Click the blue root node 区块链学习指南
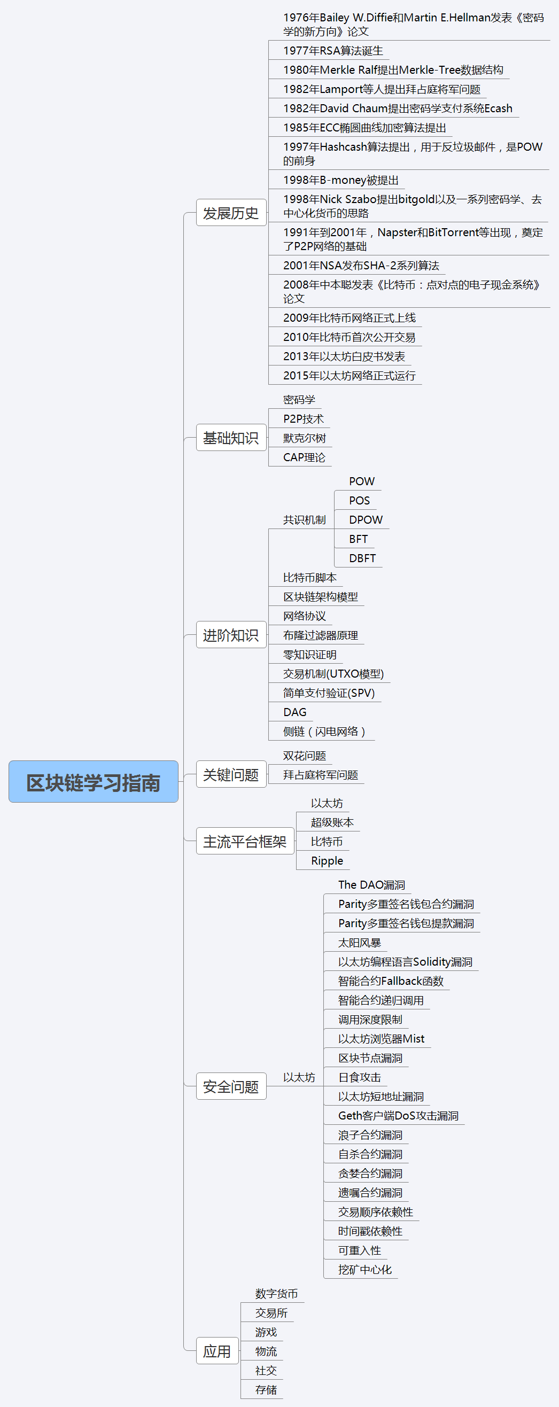94,782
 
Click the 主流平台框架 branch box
245,841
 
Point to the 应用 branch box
217,1351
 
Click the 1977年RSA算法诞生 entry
333,51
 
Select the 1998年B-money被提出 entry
340,180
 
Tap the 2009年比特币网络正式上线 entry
349,318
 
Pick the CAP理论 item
304,457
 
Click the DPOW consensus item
366,520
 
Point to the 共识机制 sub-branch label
305,520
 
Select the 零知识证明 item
309,655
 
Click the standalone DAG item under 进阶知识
294,712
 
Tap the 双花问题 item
305,756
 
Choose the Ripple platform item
327,861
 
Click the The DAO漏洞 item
371,885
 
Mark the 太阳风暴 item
360,943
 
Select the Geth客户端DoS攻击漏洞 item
398,1116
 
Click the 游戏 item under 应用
266,1332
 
